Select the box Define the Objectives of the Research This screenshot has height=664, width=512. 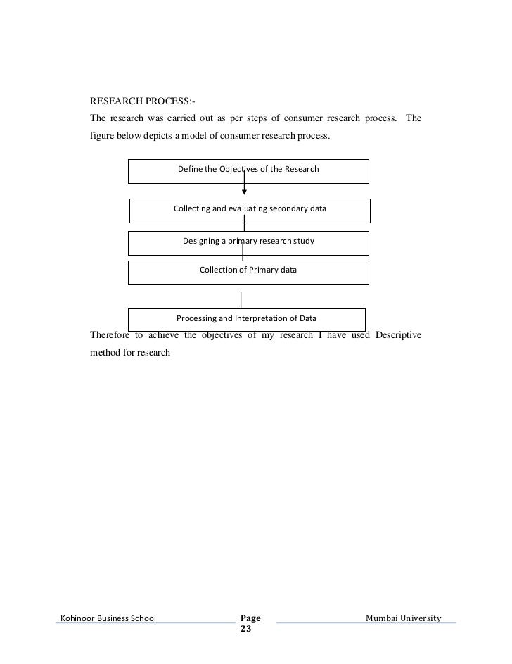(248, 171)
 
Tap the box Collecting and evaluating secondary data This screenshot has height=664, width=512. (250, 210)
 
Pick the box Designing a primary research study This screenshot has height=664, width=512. (248, 242)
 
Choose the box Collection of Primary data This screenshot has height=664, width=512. (248, 271)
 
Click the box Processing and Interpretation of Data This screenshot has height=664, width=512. (247, 318)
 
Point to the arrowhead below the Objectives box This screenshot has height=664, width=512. (244, 189)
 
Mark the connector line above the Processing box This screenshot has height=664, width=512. (241, 299)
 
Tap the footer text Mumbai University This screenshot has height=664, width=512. (404, 618)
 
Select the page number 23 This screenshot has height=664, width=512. (245, 629)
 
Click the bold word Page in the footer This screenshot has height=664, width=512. (250, 618)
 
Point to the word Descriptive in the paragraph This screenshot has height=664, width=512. (398, 334)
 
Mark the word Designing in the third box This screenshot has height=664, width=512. (201, 242)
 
